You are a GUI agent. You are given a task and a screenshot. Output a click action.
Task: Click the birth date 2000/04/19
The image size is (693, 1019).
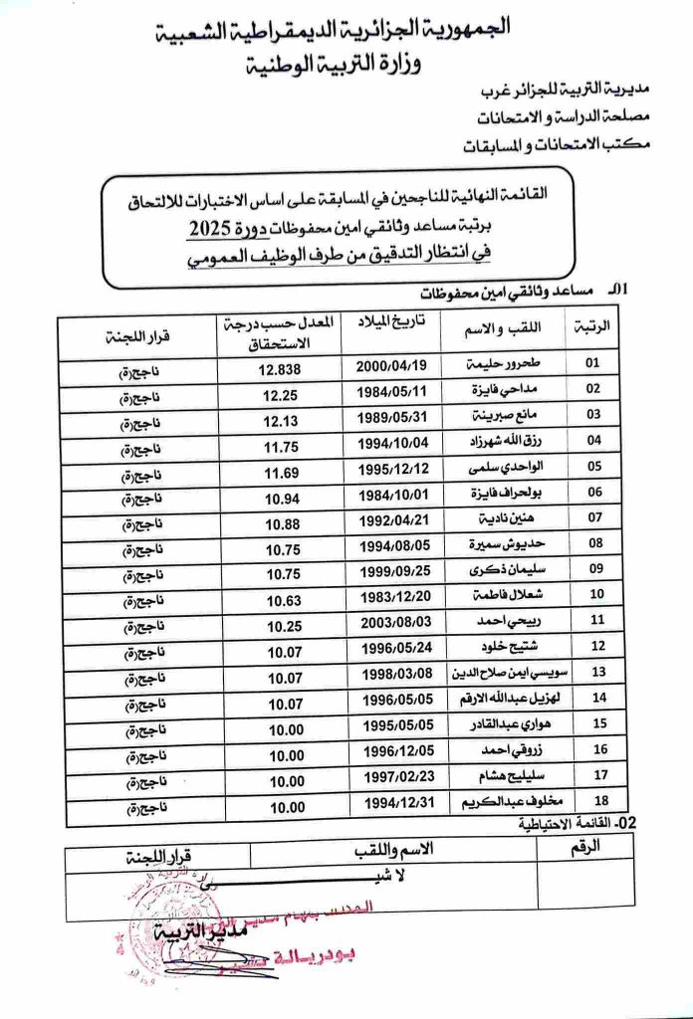tap(391, 367)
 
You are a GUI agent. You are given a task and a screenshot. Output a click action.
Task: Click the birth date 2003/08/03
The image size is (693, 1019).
tap(391, 623)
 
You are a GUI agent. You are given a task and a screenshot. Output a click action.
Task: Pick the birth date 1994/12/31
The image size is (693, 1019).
tap(391, 802)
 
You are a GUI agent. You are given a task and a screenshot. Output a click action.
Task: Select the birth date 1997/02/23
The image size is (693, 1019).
tap(391, 777)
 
